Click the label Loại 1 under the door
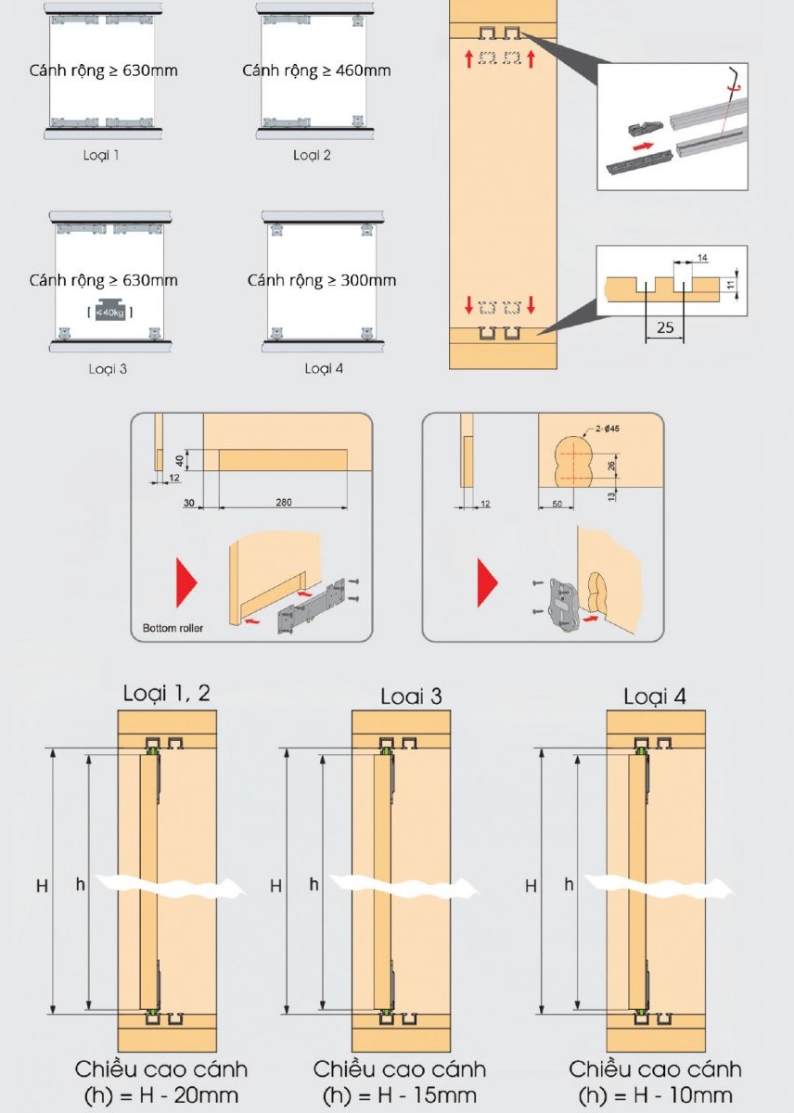(104, 155)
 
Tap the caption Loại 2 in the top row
(312, 155)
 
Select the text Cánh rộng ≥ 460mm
(316, 70)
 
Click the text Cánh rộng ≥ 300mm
(321, 280)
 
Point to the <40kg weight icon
(109, 313)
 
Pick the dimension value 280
(283, 502)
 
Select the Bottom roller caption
(173, 629)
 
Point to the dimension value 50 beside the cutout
(555, 502)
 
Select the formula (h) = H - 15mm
(399, 1095)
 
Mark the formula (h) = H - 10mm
(655, 1095)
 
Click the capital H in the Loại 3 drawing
(275, 886)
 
